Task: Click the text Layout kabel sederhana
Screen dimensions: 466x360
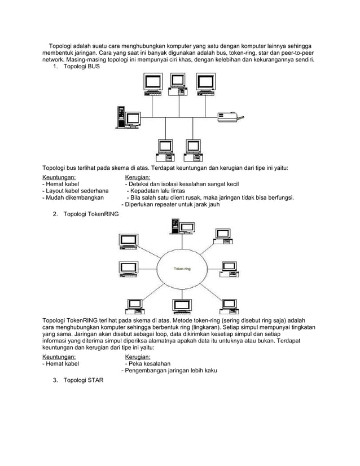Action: pos(76,191)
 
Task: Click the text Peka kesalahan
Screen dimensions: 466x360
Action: pos(148,364)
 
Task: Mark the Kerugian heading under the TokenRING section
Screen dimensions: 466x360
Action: pos(137,357)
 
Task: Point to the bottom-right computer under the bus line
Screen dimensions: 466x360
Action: pos(192,148)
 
